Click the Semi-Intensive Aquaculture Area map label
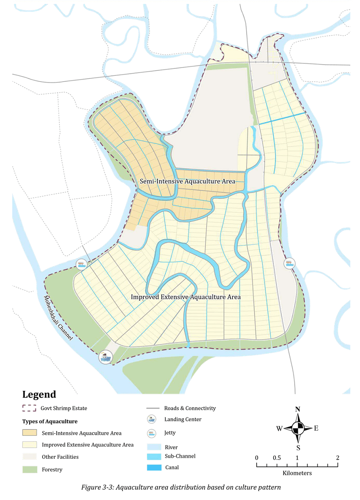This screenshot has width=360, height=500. pos(187,181)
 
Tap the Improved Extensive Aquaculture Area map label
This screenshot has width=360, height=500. pos(186,297)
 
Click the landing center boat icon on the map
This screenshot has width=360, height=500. pos(105,357)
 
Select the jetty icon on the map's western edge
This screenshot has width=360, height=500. pos(81,264)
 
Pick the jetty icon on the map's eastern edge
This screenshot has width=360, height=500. pos(290,263)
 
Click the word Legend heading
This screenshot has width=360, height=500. pos(39,394)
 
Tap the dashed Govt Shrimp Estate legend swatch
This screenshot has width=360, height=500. pos(30,408)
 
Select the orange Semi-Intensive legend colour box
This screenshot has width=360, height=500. pos(30,433)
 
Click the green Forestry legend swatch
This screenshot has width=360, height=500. pos(30,469)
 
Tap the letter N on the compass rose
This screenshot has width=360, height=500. pos(297,409)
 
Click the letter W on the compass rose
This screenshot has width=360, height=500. pos(279,428)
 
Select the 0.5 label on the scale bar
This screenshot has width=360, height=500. pos(277,457)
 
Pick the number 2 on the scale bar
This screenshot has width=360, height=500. pos(337,457)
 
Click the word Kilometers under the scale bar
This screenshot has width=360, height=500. pos(297,473)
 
